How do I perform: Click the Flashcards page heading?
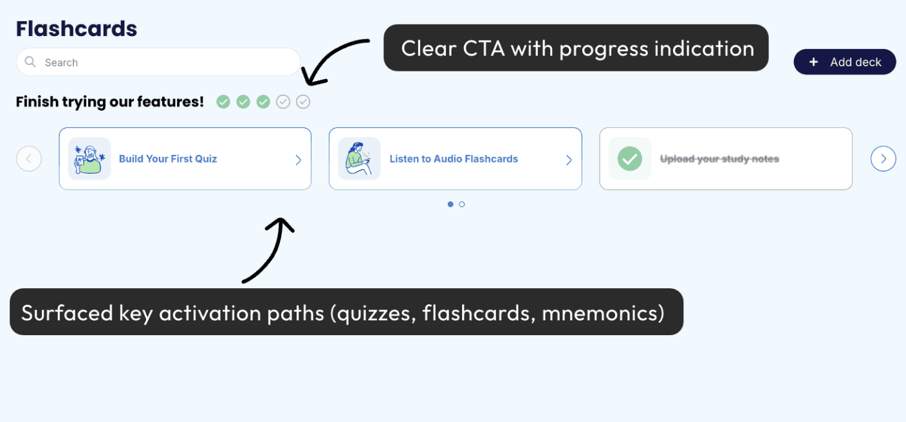coord(77,29)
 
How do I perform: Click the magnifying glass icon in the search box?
coord(30,62)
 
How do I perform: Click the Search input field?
coord(167,62)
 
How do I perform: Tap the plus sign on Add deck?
coord(813,62)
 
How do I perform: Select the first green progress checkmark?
coord(223,102)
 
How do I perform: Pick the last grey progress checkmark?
coord(303,102)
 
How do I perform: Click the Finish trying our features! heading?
coord(110,102)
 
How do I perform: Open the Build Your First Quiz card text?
coord(168,159)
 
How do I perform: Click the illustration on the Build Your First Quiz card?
coord(89,159)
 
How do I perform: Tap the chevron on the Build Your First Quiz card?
coord(298,160)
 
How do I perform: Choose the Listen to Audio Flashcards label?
coord(454,159)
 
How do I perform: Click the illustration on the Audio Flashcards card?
coord(359,159)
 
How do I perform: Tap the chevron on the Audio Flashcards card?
coord(569,160)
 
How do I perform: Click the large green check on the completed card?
coord(629,159)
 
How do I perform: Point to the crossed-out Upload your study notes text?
coord(719,159)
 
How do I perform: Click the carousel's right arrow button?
coord(883,158)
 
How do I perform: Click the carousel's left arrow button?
coord(29,158)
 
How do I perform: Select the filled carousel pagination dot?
coord(450,205)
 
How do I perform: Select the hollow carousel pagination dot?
coord(462,205)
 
